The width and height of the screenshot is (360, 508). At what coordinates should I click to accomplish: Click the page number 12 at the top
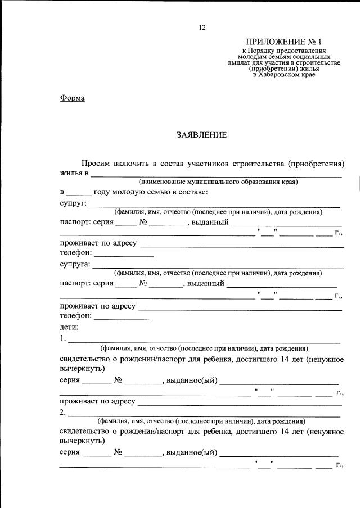point(202,27)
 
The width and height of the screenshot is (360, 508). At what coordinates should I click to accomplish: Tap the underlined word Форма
point(72,98)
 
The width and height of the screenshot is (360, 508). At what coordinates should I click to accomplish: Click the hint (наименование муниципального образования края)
point(218,182)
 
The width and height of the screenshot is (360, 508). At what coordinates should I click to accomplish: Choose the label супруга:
point(75,264)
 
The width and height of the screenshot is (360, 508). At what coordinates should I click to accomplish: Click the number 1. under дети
point(62,339)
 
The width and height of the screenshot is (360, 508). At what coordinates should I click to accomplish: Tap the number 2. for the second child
point(62,412)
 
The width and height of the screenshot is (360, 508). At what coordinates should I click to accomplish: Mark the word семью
point(157,192)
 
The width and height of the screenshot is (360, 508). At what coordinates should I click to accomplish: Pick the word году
point(103,192)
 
